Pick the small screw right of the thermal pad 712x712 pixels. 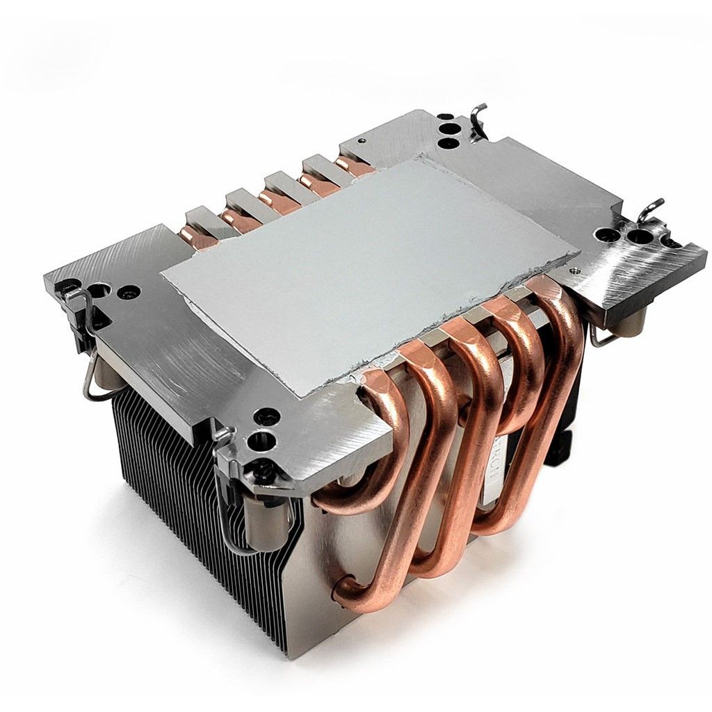(x=574, y=270)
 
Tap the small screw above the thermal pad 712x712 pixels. (x=361, y=140)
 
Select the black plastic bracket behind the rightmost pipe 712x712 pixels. (x=563, y=445)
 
